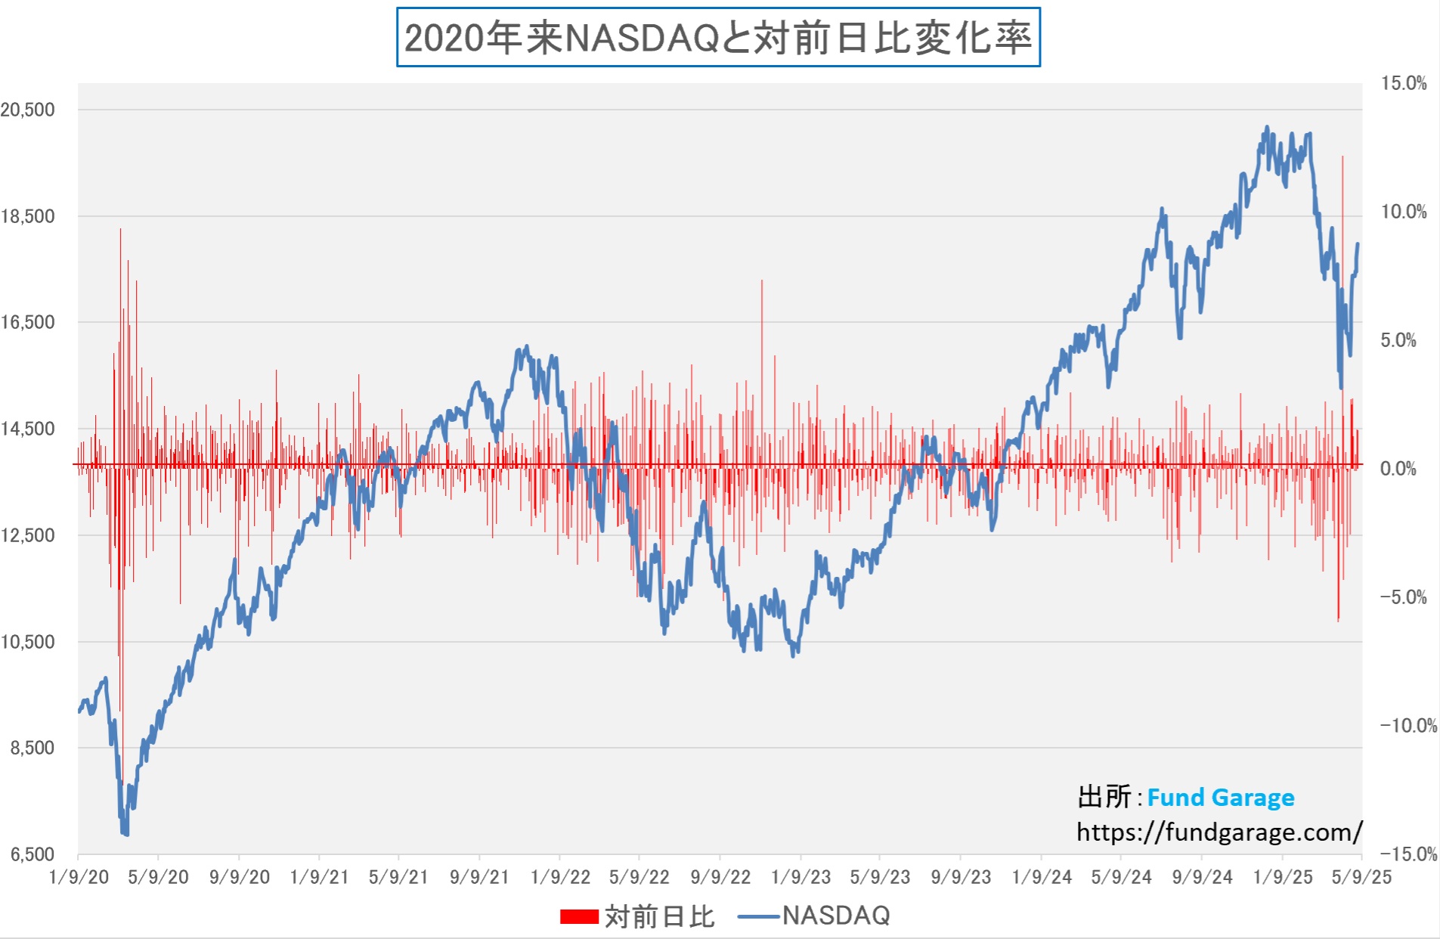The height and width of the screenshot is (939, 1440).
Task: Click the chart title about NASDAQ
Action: point(718,37)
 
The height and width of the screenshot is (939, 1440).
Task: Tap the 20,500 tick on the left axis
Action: point(28,110)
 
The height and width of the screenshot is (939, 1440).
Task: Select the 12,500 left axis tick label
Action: point(28,535)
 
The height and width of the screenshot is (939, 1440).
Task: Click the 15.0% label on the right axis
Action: point(1404,83)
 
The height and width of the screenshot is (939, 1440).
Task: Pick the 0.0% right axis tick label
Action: point(1398,469)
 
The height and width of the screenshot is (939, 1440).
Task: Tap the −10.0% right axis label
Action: point(1408,726)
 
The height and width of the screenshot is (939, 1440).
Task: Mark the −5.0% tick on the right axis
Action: point(1404,597)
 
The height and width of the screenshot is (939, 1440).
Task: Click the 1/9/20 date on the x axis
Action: point(79,877)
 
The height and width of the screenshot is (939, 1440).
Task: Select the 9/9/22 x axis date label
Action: point(720,877)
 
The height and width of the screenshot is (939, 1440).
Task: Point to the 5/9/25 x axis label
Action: point(1361,877)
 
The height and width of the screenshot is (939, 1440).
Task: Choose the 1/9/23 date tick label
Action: point(801,877)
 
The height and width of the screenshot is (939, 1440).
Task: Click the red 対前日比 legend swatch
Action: point(579,916)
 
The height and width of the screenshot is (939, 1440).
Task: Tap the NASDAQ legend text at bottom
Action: point(836,916)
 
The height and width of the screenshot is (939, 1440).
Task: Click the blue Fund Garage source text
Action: point(1220,798)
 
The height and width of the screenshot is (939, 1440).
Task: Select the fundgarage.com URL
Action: point(1219,832)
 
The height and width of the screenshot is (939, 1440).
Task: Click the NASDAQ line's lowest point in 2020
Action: point(125,834)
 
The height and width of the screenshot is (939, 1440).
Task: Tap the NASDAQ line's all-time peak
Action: point(1267,128)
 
